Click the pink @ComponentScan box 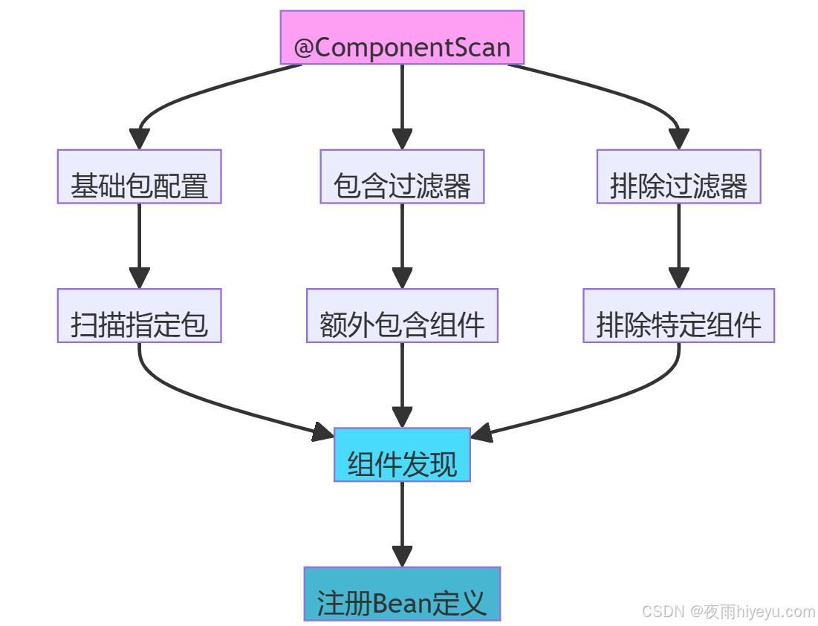tap(402, 38)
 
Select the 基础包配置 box tap(139, 177)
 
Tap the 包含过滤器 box tap(402, 177)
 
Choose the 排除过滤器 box tap(678, 177)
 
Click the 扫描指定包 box tap(139, 316)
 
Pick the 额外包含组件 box tap(402, 316)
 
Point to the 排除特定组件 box tap(678, 316)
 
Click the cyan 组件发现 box tap(402, 455)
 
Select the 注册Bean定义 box tap(402, 594)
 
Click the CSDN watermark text tap(728, 611)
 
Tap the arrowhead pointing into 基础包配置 tap(139, 139)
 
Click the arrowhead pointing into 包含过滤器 tap(402, 139)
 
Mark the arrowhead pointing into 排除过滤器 tap(678, 139)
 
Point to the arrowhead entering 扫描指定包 tap(139, 278)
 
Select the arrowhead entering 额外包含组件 tap(402, 278)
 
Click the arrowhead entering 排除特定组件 tap(678, 278)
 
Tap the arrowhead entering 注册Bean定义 tap(402, 556)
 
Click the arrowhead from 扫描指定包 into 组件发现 tap(323, 431)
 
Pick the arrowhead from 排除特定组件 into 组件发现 tap(481, 432)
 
